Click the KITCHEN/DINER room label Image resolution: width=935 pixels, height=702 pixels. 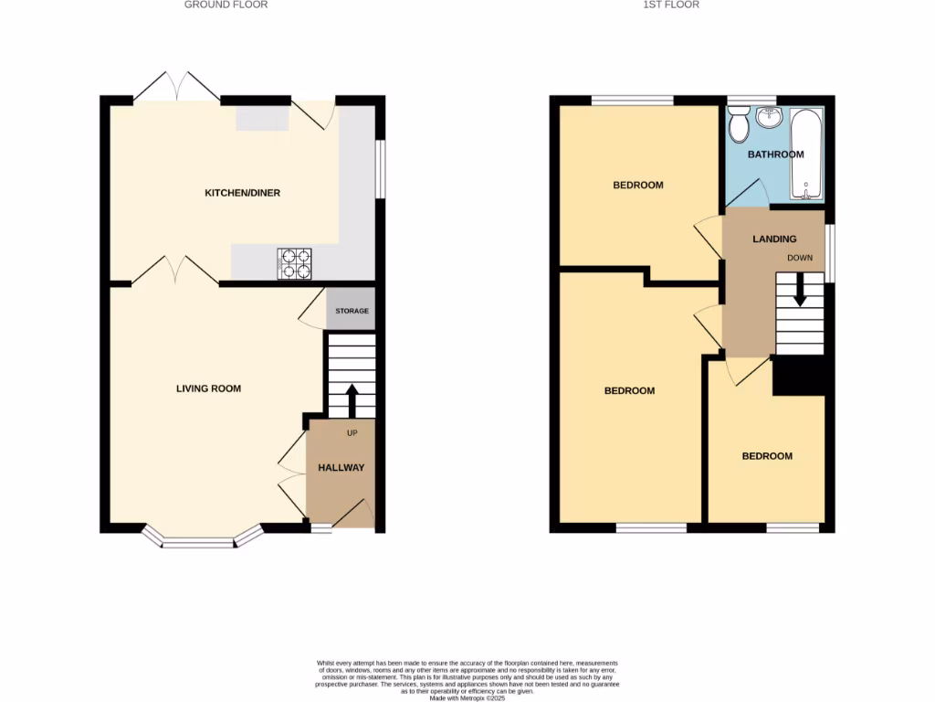pos(242,193)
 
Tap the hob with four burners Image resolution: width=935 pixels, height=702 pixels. pos(294,263)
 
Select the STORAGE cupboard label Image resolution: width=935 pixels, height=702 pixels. pos(352,311)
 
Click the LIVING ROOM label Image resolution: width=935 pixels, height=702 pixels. pos(208,388)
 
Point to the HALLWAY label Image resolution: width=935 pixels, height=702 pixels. pos(341,467)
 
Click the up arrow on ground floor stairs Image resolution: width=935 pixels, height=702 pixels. pos(351,399)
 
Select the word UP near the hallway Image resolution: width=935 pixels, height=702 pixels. pos(352,432)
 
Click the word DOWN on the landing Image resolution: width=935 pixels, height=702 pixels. pos(800,258)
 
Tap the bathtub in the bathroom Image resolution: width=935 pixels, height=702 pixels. pos(805,154)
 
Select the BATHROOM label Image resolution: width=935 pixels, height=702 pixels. pos(775,154)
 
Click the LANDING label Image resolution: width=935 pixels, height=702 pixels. pos(773,239)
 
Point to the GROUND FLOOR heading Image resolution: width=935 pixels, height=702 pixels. pos(226,5)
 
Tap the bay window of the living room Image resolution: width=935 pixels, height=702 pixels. pos(198,543)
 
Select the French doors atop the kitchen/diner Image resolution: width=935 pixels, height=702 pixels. pos(176,86)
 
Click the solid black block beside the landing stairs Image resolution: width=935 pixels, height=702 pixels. pos(799,376)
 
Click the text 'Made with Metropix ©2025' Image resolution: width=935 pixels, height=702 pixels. pos(467,697)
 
